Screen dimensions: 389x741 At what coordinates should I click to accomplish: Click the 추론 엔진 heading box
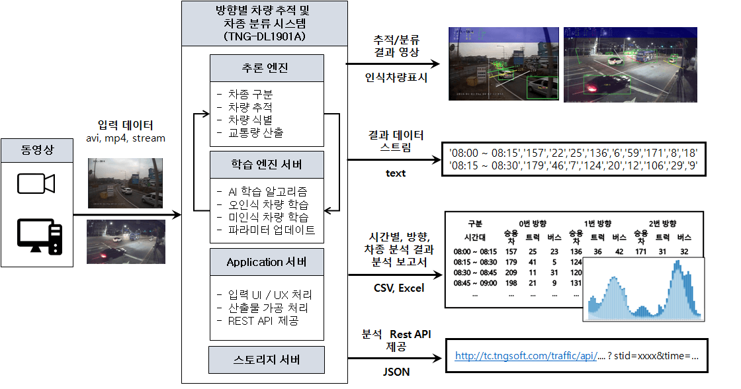coord(267,68)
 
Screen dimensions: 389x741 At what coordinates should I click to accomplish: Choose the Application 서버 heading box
coord(267,262)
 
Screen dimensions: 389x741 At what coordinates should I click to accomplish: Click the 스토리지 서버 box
coord(267,360)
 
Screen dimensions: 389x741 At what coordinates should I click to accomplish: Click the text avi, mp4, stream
coord(126,138)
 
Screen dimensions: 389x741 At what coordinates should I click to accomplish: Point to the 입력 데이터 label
coord(125,125)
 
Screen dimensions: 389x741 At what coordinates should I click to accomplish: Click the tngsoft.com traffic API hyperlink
coord(526,356)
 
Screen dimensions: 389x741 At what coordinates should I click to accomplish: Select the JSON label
coord(396,372)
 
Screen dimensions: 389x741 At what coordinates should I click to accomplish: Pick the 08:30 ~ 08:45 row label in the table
coord(475,273)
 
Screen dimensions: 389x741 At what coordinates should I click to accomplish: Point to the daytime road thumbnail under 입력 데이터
coord(125,183)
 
